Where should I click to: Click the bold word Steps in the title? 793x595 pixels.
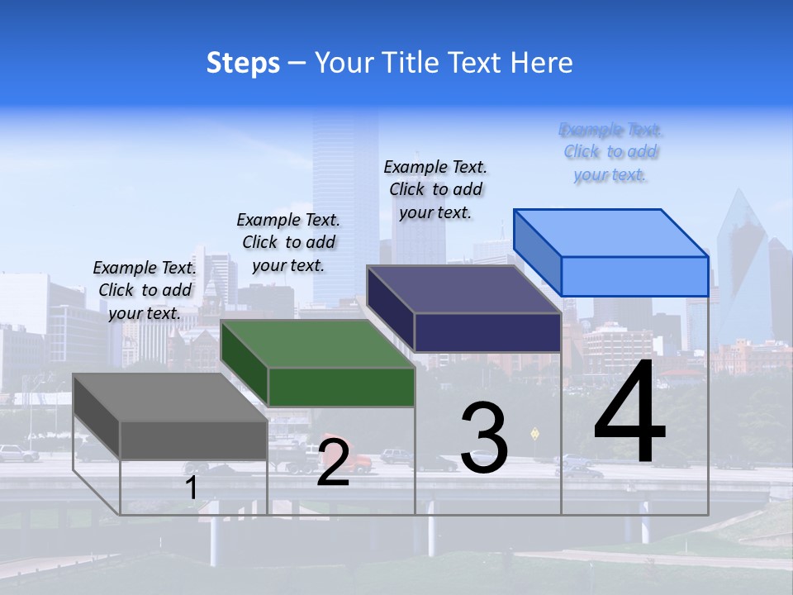(243, 63)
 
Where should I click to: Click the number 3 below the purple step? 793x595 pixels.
(484, 438)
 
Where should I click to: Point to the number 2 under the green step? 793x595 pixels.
(333, 462)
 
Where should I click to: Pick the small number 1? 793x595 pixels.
(192, 488)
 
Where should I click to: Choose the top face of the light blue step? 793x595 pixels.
(611, 233)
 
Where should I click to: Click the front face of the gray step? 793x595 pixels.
(193, 440)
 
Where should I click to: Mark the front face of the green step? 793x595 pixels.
(341, 387)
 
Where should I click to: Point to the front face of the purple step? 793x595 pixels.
(487, 332)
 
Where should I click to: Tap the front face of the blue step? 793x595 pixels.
(634, 276)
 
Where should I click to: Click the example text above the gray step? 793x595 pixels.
(145, 290)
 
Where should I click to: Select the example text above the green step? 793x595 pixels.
(288, 242)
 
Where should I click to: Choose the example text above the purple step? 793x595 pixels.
(435, 189)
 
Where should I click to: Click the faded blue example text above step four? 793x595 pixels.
(610, 152)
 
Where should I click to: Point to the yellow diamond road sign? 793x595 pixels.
(534, 432)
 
